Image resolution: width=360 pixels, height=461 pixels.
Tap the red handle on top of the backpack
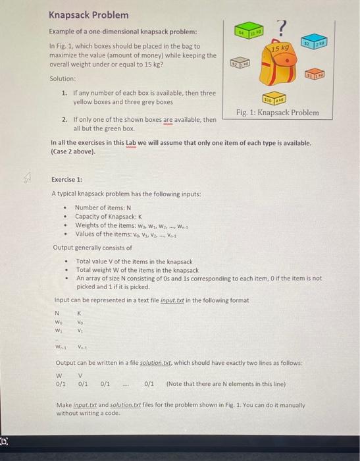[284, 42]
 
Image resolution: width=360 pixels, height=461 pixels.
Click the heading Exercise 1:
[67, 179]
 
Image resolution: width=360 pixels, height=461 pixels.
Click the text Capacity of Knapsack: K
[107, 216]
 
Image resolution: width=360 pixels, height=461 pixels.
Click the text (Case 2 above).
[72, 151]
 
